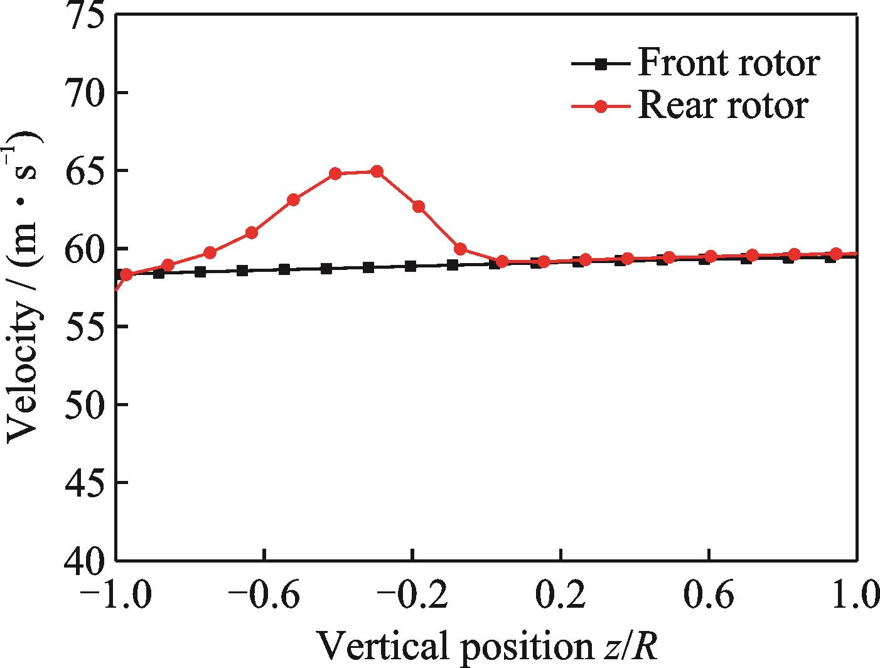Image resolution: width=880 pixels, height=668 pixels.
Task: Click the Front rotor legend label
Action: (728, 63)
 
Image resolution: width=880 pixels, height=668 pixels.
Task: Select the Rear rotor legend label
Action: (722, 105)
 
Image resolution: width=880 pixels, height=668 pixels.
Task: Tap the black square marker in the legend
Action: (601, 63)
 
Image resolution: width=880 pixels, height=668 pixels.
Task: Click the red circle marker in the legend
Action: (601, 106)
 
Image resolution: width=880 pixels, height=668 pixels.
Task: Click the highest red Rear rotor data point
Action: (377, 171)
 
